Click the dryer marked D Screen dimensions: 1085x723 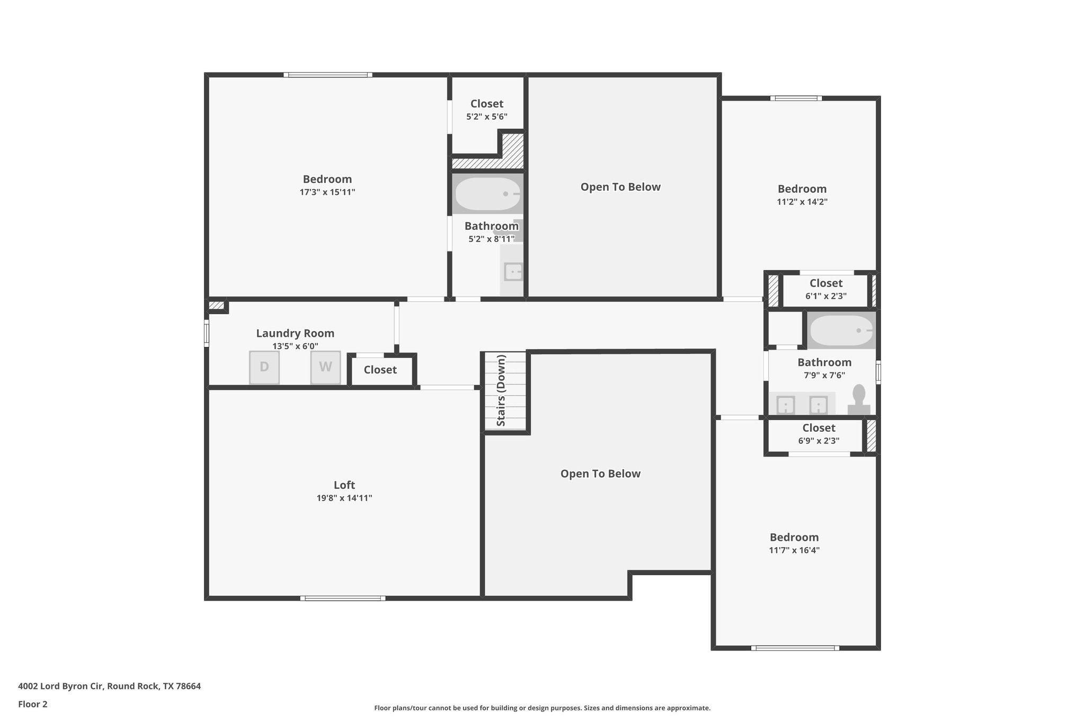264,367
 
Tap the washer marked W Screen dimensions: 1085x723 325,367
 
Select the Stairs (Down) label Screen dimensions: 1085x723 501,390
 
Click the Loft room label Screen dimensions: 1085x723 344,485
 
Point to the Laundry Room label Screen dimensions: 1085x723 295,333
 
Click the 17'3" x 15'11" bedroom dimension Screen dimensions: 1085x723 327,192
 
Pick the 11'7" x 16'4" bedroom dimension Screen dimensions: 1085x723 794,550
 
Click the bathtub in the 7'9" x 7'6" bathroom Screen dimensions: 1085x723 841,331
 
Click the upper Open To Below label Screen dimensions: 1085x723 620,187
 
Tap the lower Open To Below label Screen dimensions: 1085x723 600,474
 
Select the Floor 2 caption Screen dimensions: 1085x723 33,704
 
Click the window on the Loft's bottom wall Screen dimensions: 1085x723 343,599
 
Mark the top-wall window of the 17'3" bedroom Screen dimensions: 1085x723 327,75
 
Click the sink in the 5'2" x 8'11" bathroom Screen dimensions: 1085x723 513,272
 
